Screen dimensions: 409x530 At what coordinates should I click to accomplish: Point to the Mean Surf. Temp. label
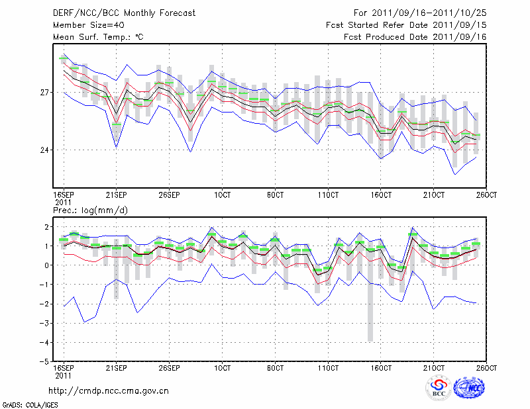tap(98, 37)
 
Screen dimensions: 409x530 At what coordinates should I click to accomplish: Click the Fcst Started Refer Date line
tap(406, 25)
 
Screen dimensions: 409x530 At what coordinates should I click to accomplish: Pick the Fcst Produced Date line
tap(415, 37)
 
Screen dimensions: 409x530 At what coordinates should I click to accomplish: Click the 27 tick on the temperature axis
tap(46, 92)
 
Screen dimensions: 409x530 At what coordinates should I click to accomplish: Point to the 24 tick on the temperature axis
tap(46, 150)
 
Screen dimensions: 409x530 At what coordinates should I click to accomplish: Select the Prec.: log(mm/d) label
tap(91, 210)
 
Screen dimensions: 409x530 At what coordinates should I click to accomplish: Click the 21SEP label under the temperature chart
tap(116, 196)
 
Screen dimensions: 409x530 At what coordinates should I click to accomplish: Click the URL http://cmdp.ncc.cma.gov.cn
tap(109, 390)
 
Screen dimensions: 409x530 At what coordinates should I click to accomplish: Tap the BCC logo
tap(438, 388)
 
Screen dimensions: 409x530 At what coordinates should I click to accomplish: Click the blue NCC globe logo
tap(469, 388)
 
